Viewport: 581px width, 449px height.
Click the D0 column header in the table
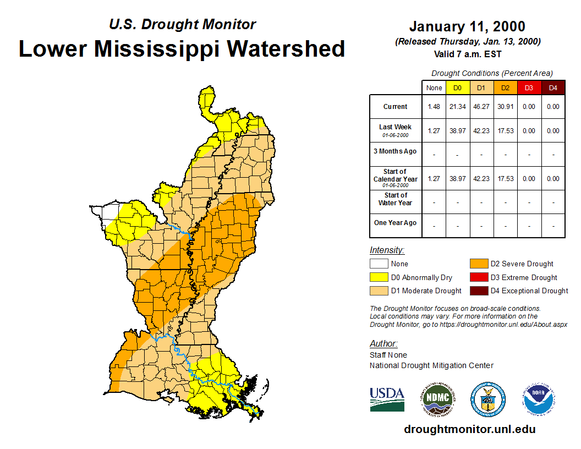[x=457, y=87]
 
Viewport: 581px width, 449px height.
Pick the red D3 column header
[x=529, y=87]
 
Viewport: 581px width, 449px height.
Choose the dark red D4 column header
[x=553, y=87]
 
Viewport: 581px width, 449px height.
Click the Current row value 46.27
[x=481, y=107]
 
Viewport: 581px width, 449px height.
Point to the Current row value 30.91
[x=505, y=107]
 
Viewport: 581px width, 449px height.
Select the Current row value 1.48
[x=434, y=107]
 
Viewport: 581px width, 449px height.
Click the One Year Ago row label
[x=395, y=223]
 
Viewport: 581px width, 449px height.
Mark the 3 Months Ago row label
[x=395, y=151]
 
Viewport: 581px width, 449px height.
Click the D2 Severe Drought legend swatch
[x=478, y=264]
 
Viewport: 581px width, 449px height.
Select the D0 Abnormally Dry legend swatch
[x=379, y=277]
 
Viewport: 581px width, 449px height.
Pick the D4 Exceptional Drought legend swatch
[x=478, y=291]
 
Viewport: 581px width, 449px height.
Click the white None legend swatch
[x=379, y=264]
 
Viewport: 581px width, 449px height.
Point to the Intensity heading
[x=387, y=250]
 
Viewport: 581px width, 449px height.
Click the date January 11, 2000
[x=467, y=26]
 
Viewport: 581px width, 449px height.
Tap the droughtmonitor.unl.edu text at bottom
[x=469, y=429]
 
